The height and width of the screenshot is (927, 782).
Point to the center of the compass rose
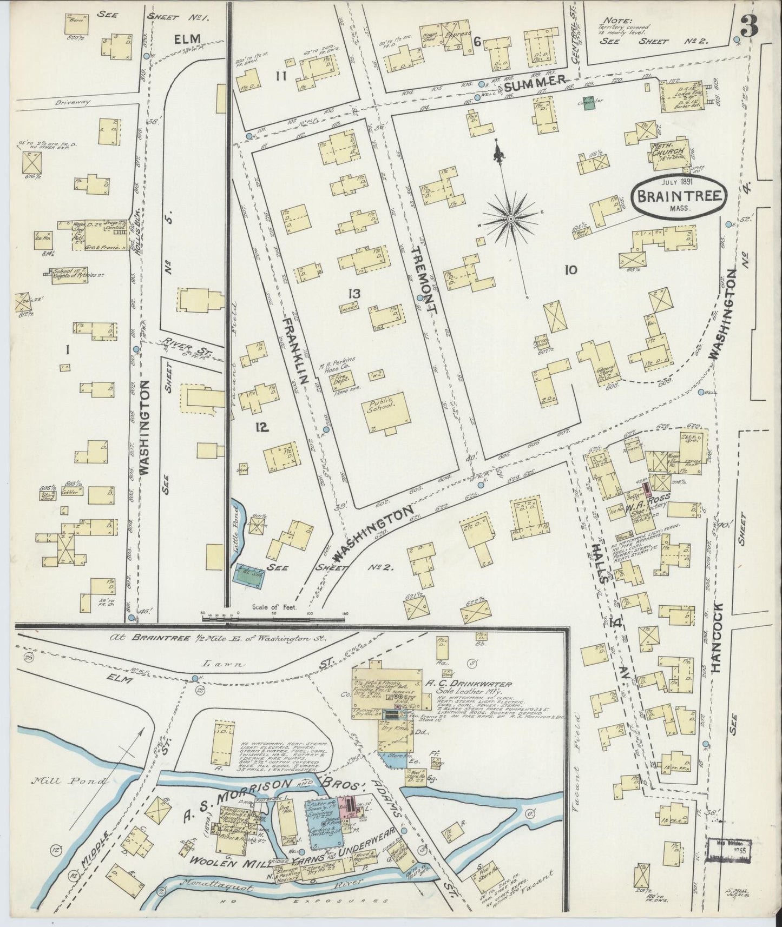(x=510, y=218)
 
